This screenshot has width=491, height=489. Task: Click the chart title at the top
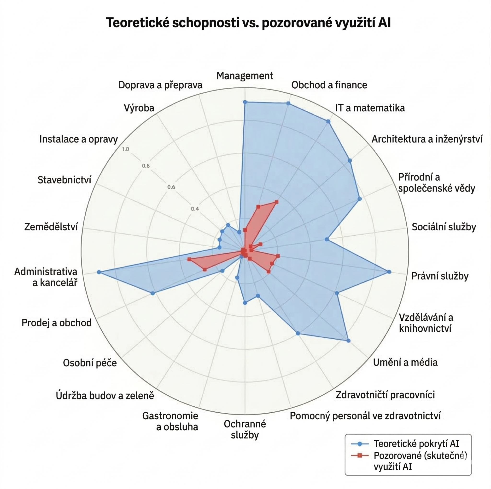[x=248, y=23]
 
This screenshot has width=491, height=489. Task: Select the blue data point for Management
[x=245, y=102]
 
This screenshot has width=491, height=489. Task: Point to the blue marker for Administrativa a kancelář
[x=99, y=272]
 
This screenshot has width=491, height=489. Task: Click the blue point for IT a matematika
[x=328, y=122]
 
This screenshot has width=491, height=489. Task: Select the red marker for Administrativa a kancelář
[x=189, y=259]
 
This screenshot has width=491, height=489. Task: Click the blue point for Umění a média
[x=348, y=341]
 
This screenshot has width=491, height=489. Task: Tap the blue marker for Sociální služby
[x=327, y=239]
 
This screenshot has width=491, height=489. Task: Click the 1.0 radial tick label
[x=126, y=149]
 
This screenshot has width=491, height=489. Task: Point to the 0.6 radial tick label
[x=171, y=187]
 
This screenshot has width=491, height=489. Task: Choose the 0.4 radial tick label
[x=195, y=209]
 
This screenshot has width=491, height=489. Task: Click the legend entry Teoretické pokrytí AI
[x=416, y=444]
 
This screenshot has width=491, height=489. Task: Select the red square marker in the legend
[x=360, y=455]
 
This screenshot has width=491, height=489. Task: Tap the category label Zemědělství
[x=51, y=227]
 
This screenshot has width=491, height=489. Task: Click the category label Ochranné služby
[x=245, y=429]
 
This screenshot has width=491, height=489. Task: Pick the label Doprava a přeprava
[x=160, y=85]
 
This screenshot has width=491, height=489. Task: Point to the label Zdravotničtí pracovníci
[x=385, y=395]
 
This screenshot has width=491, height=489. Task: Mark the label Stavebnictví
[x=64, y=180]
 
